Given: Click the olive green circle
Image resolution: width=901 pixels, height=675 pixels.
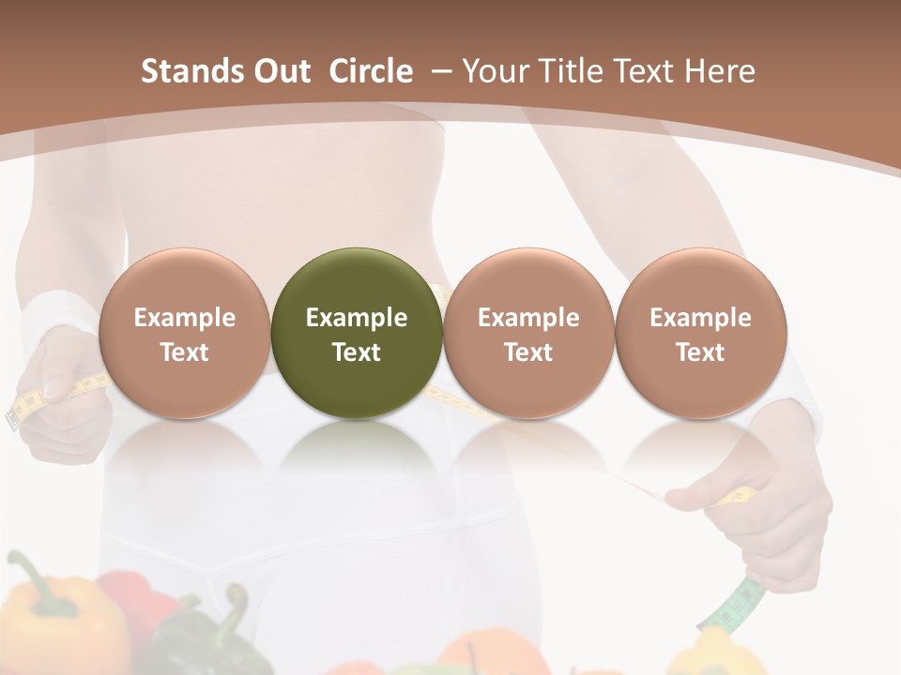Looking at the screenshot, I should click(357, 333).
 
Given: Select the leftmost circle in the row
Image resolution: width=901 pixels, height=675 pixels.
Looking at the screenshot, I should click(185, 333).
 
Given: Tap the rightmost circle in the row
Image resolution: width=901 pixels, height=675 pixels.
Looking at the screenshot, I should click(700, 333).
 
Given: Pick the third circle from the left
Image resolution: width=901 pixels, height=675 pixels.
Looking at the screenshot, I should click(528, 333).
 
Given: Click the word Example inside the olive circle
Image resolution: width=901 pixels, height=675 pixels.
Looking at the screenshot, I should click(357, 318).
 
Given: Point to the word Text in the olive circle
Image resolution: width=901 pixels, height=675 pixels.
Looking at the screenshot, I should click(357, 352).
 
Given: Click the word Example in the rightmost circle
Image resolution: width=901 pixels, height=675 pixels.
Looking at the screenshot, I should click(700, 318).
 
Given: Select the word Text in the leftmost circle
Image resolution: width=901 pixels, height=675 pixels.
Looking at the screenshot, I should click(185, 352).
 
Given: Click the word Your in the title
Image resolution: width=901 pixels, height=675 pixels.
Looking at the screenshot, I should click(493, 71).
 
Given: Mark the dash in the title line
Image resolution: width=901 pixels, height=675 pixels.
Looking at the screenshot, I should click(440, 71).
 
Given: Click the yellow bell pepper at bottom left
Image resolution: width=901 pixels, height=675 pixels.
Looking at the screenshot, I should click(56, 619).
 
